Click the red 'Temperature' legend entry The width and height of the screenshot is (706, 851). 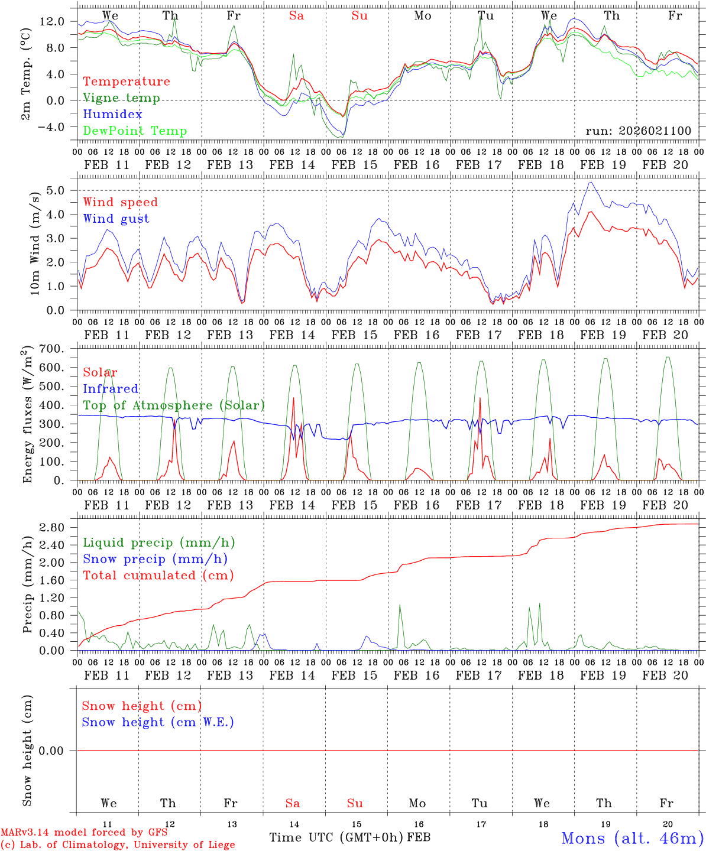click(126, 82)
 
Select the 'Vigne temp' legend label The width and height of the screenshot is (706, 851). click(121, 98)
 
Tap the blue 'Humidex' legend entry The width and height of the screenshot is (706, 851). click(112, 114)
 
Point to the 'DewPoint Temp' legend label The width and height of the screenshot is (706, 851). click(135, 131)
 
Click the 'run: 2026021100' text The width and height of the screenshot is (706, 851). click(638, 131)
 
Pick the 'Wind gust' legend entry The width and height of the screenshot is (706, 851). click(116, 219)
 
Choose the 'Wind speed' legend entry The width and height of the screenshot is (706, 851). click(120, 202)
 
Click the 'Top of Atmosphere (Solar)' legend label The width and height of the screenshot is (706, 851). click(173, 405)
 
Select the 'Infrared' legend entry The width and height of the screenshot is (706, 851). click(111, 389)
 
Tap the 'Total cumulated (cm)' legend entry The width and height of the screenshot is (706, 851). click(158, 575)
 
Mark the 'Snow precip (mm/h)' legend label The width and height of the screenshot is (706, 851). click(155, 559)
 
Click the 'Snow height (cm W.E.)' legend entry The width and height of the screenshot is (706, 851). click(157, 722)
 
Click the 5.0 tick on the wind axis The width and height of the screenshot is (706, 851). click(56, 190)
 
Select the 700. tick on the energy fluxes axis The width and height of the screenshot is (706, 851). click(51, 349)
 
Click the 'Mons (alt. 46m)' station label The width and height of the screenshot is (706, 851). click(632, 838)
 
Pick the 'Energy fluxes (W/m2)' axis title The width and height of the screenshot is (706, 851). click(28, 415)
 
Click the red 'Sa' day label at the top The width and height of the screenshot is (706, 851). click(296, 16)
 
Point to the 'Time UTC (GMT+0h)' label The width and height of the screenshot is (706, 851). click(336, 837)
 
